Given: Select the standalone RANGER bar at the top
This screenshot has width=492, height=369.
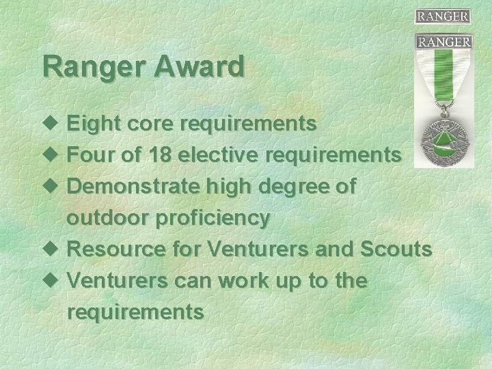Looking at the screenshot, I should pyautogui.click(x=443, y=16).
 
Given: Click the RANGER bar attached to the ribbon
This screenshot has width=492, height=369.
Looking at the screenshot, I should pyautogui.click(x=444, y=42).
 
